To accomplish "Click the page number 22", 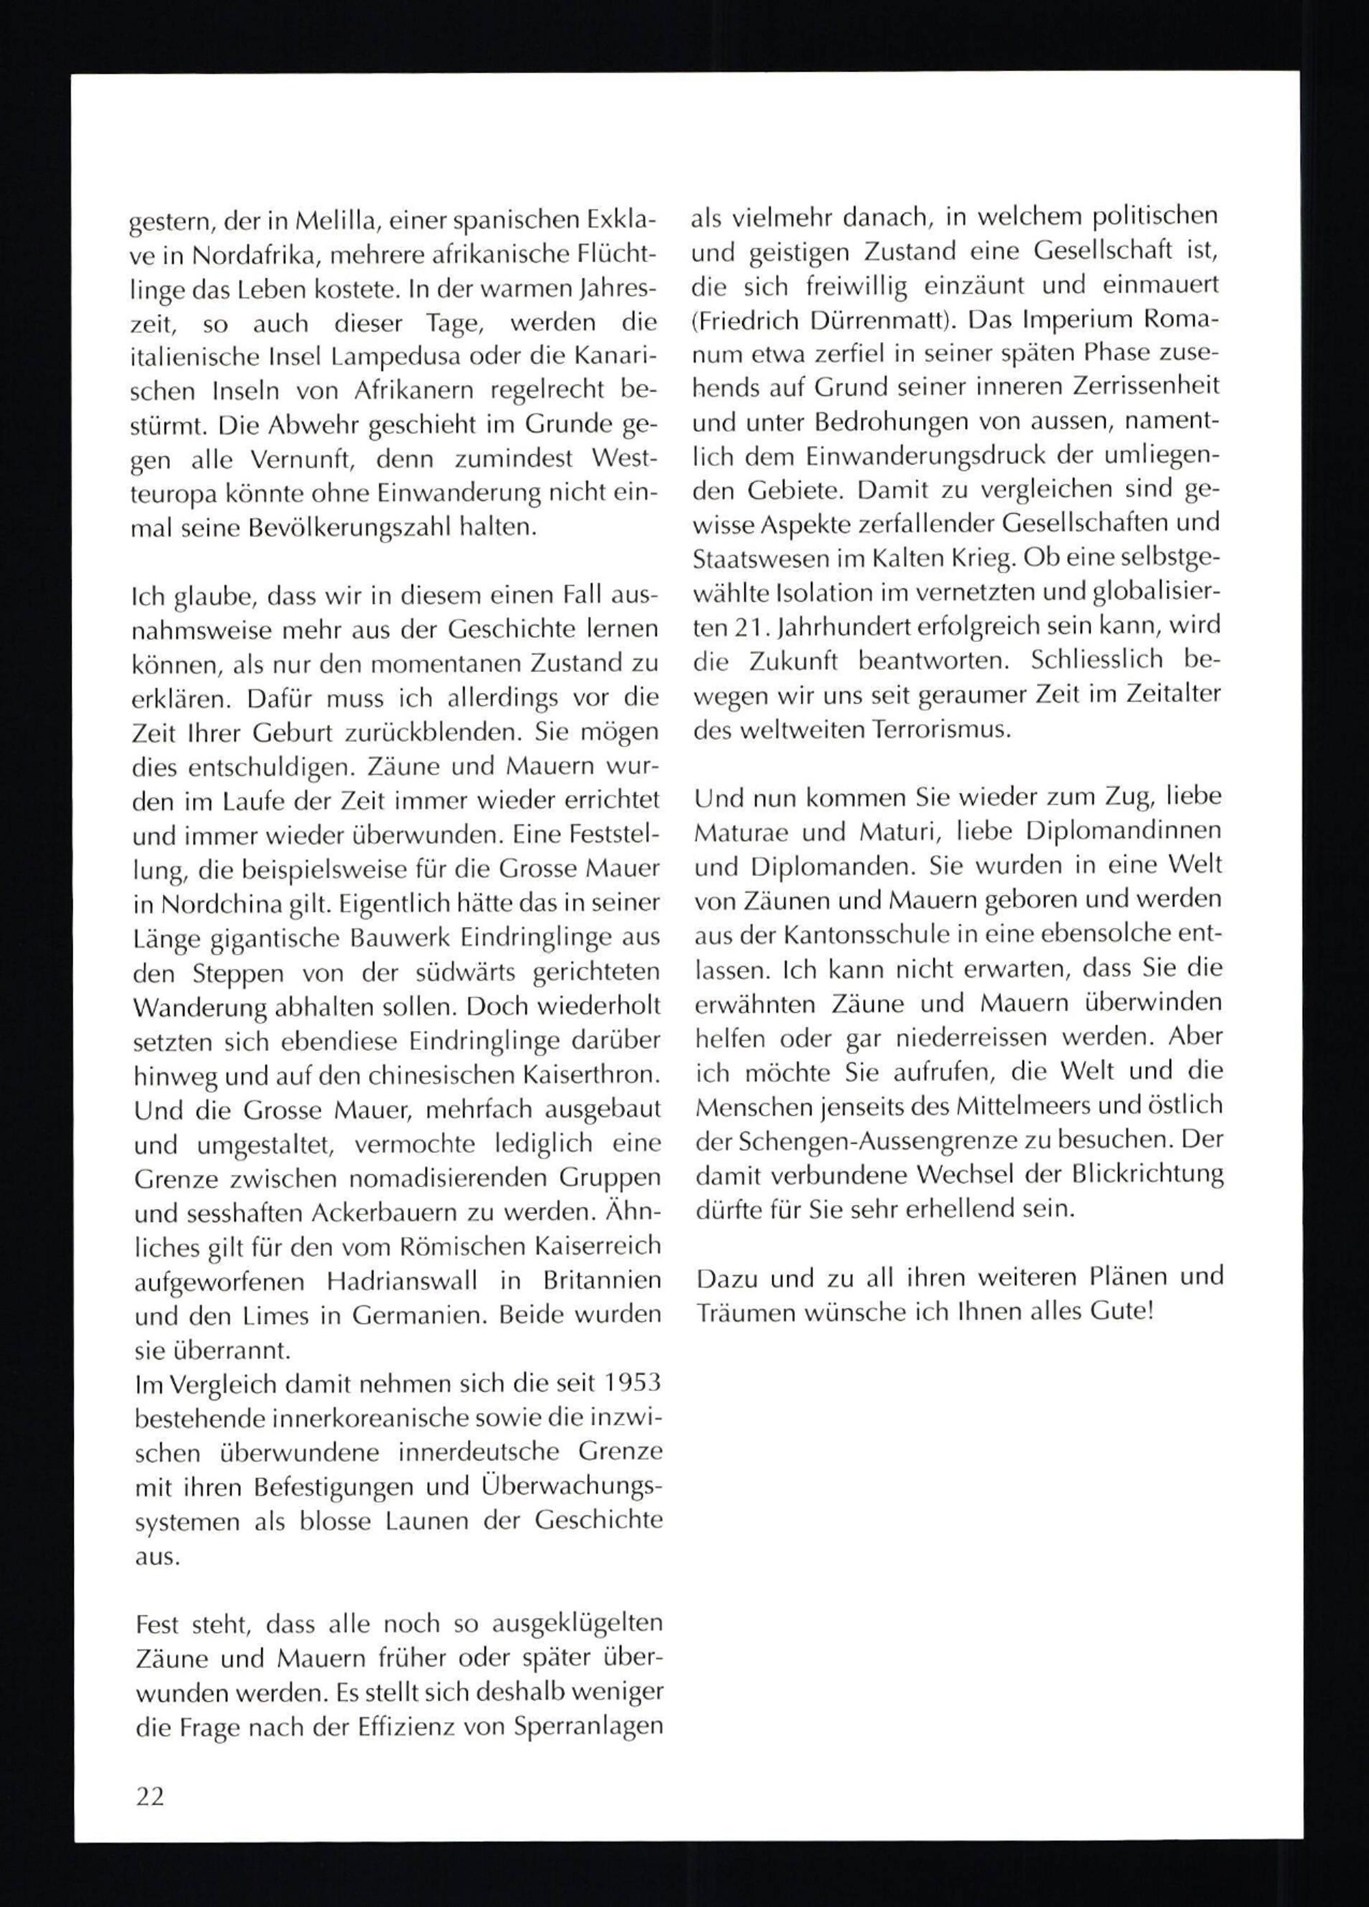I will [150, 1797].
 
